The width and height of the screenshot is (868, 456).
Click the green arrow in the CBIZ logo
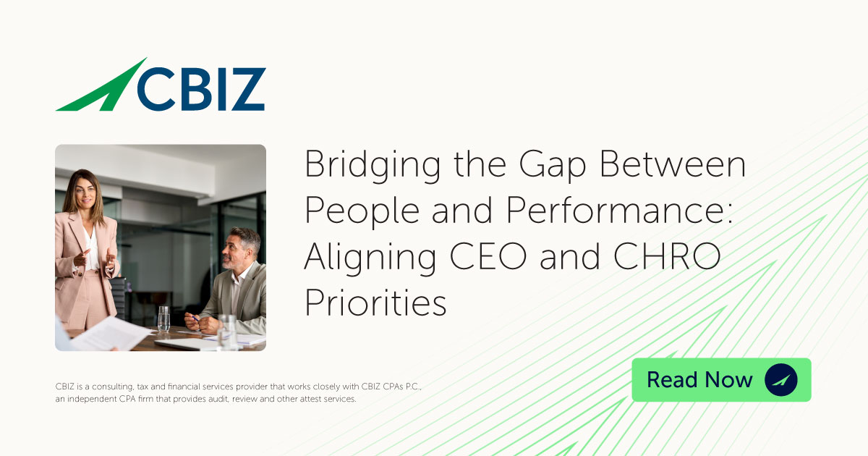101,88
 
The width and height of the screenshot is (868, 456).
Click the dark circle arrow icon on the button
780,380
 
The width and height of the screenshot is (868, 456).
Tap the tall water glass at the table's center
164,318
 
